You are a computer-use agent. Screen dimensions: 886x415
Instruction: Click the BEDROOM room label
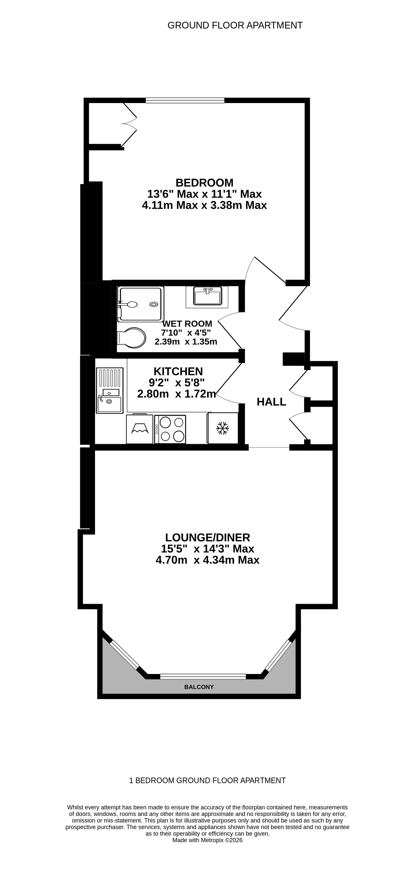(204, 183)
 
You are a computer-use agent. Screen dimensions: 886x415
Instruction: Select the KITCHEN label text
(178, 372)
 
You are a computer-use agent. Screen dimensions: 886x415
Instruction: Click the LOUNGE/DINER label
(207, 537)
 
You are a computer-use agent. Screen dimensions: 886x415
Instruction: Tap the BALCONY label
(199, 687)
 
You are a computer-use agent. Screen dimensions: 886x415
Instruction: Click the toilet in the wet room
(132, 337)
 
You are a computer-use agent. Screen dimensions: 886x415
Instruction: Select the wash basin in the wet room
(207, 296)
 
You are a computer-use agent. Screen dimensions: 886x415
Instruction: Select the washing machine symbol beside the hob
(140, 429)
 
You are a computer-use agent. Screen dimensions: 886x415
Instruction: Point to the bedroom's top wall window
(185, 100)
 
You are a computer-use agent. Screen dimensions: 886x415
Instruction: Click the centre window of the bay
(203, 676)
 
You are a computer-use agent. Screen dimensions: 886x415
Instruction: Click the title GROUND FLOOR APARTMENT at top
(235, 26)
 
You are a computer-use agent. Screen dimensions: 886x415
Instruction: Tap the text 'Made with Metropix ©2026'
(207, 840)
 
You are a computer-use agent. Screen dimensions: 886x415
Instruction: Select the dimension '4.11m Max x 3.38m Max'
(204, 205)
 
